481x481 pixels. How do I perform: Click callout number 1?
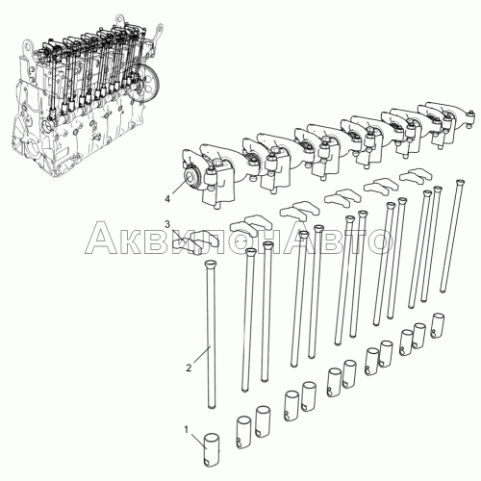pyautogui.click(x=186, y=429)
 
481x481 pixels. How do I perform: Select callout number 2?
pyautogui.click(x=189, y=368)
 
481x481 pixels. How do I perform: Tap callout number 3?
pyautogui.click(x=167, y=224)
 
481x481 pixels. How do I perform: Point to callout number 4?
pyautogui.click(x=167, y=199)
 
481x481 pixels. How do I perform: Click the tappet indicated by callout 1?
pyautogui.click(x=212, y=449)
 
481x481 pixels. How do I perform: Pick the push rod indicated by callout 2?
pyautogui.click(x=211, y=334)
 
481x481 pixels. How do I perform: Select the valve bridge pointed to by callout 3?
pyautogui.click(x=195, y=242)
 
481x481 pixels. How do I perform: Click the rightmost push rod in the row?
pyautogui.click(x=451, y=236)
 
